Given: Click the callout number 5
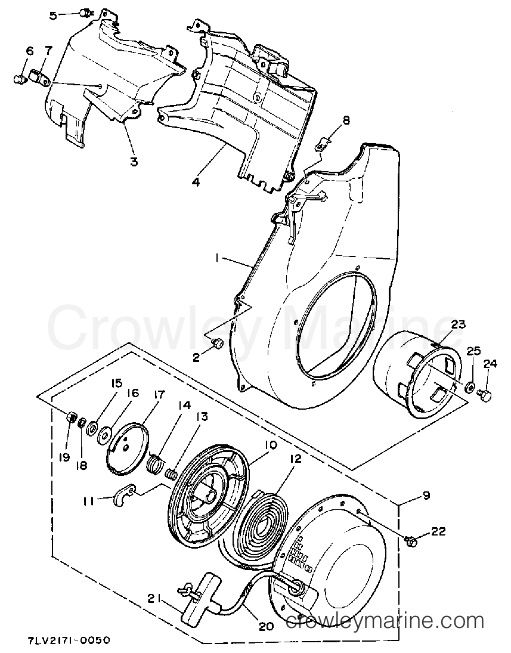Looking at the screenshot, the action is click(53, 16).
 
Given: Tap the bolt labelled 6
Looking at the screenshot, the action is click(18, 78).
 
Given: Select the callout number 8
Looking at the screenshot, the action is click(345, 121).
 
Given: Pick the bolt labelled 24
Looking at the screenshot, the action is click(485, 393).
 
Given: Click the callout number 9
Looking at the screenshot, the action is click(425, 495).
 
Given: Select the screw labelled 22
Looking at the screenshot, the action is click(409, 540).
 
